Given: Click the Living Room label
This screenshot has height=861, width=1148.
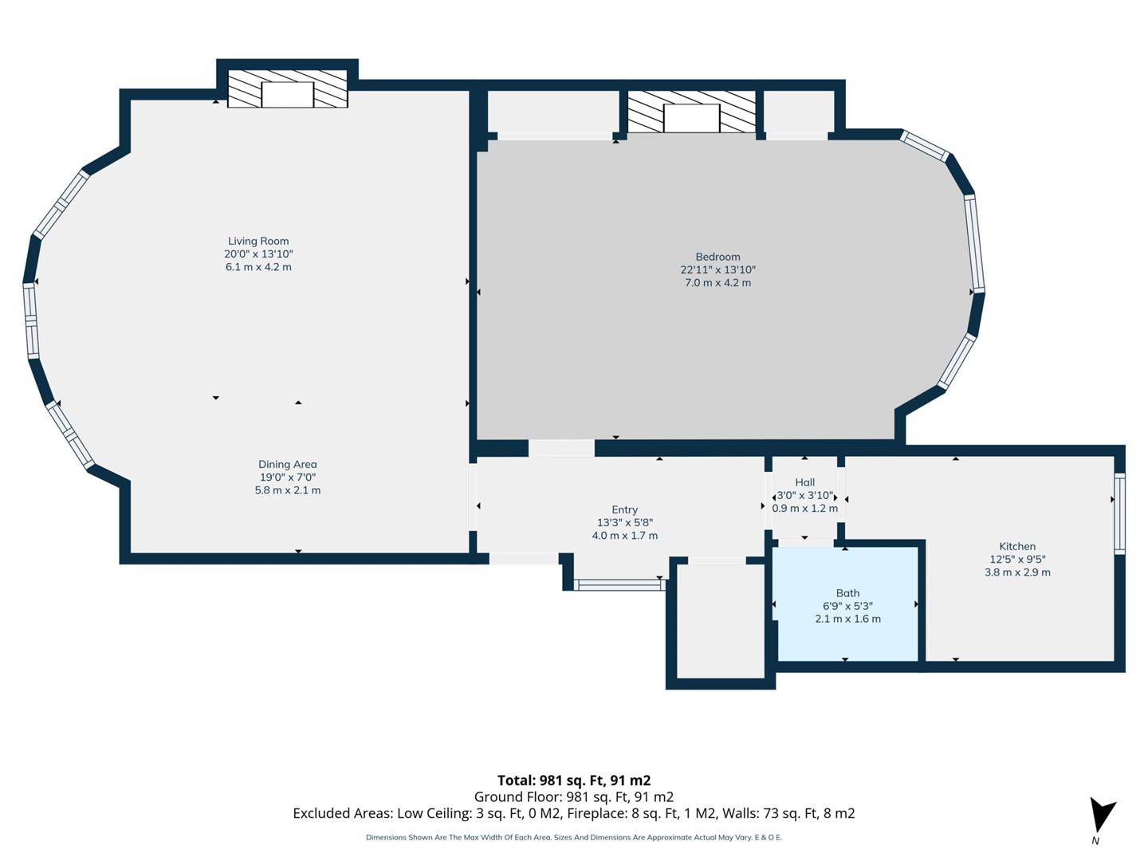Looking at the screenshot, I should (258, 241).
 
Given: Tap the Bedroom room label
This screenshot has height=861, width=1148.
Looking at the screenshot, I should (717, 257).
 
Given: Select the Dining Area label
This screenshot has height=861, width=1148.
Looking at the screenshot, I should (287, 464).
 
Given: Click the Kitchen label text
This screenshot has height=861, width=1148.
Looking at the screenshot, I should (1017, 546).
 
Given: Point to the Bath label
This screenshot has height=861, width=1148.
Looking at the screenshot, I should (847, 593).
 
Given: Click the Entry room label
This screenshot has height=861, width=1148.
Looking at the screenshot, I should (624, 509).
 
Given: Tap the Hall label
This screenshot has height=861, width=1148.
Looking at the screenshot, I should (804, 482).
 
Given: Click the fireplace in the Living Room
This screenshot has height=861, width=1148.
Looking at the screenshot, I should (288, 88).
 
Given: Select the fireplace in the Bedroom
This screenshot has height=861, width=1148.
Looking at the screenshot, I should (691, 112).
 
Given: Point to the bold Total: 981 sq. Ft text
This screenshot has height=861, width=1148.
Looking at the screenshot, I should (574, 780).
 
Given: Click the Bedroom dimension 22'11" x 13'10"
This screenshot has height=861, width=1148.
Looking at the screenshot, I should (717, 269).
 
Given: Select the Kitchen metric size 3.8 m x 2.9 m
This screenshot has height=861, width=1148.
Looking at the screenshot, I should (1017, 572).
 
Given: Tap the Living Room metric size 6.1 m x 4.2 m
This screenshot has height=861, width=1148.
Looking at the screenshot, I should (258, 267).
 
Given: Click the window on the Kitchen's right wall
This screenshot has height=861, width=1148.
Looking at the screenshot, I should (1119, 513).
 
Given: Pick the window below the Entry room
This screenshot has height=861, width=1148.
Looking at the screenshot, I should (619, 585).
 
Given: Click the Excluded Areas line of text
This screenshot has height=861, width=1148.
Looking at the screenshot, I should (574, 813).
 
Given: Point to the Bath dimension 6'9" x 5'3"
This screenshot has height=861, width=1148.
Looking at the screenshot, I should (847, 606).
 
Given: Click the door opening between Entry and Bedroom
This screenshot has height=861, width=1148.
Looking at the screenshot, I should (561, 448).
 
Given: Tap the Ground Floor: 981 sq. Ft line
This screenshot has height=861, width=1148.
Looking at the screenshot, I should (574, 796).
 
